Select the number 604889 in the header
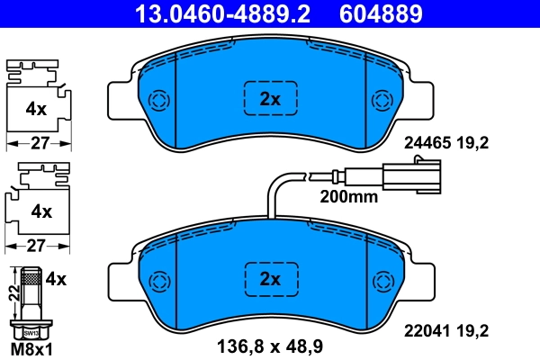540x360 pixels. click(379, 13)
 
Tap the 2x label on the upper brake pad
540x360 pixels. click(271, 100)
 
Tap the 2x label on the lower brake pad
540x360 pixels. click(271, 277)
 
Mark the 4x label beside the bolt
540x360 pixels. click(56, 279)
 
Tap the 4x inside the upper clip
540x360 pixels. click(35, 109)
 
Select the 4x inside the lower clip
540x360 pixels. click(41, 211)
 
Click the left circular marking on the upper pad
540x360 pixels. click(159, 100)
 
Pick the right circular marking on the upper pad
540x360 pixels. click(381, 100)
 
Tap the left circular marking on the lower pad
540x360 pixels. click(160, 278)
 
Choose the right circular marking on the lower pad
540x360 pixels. click(381, 278)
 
